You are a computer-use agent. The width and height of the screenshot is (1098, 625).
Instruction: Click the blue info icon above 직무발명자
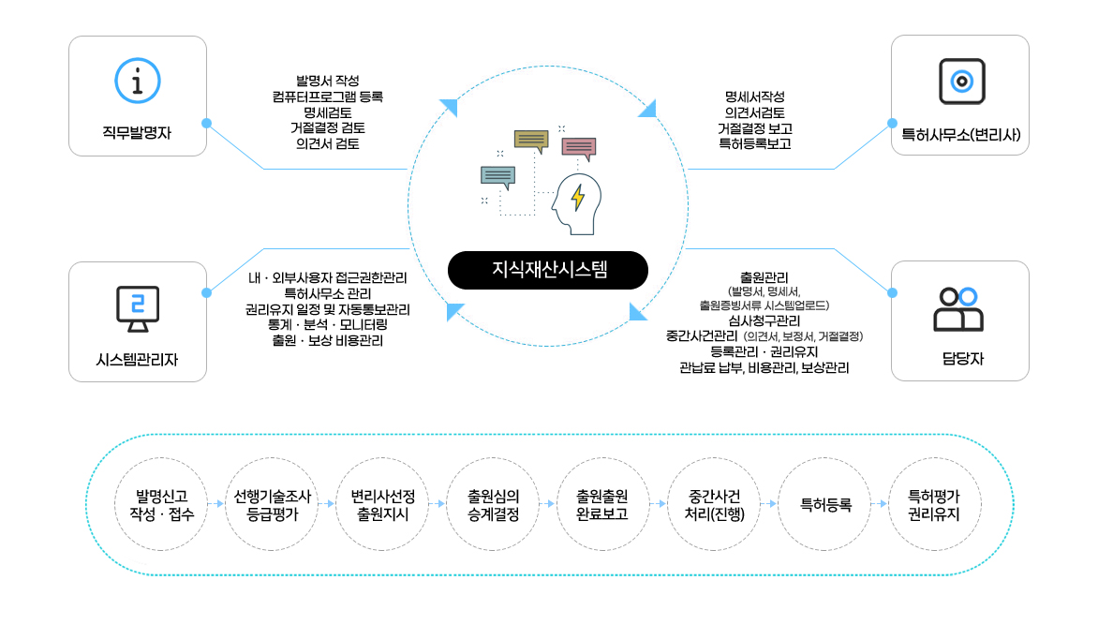coord(137,81)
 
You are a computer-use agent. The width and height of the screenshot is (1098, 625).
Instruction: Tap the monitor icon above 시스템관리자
coord(137,309)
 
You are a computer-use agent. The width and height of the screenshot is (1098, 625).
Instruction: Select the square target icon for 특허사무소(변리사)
coord(961,82)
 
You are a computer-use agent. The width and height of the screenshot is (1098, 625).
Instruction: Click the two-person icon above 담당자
coord(958,309)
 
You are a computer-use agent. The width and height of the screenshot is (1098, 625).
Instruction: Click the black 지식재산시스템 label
coord(548,270)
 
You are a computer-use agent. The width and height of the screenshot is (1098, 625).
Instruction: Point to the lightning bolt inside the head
coord(578,198)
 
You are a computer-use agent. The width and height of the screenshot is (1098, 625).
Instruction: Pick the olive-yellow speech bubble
coord(531,141)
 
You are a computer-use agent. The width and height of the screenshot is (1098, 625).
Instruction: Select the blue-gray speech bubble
coord(497,177)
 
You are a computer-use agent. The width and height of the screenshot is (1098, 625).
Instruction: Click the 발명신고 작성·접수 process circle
coord(161,504)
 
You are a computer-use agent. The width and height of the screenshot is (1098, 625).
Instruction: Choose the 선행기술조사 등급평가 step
coord(272,504)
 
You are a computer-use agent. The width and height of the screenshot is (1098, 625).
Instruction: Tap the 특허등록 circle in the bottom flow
coord(824,504)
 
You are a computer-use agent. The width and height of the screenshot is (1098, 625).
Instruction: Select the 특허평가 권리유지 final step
coord(934,504)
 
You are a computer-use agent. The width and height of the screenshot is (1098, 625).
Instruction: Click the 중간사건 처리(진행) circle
coord(714,504)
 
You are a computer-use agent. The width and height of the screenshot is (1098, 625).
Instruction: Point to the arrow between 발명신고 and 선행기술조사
coord(216,504)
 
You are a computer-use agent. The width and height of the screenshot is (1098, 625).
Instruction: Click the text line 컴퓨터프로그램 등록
coord(328,97)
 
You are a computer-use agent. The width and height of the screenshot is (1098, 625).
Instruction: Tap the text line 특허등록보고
coord(755,143)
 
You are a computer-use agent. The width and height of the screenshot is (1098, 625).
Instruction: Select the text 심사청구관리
coord(764,320)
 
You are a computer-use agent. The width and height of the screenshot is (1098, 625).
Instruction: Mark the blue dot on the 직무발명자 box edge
coord(206,124)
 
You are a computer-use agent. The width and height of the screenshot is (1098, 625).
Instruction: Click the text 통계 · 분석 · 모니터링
coord(328,324)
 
